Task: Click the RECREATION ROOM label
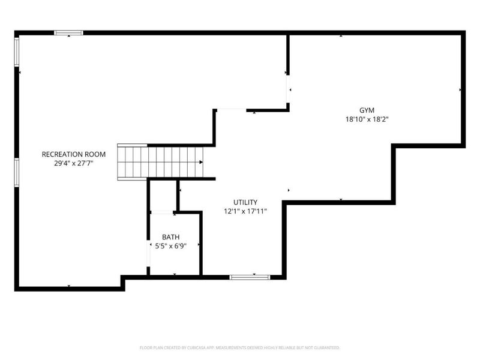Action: (x=73, y=154)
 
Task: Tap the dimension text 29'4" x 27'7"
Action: (x=73, y=163)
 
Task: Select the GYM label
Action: (x=367, y=110)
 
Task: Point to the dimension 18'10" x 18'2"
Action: (x=367, y=119)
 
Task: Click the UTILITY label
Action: (x=245, y=202)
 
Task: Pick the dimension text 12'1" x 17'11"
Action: (x=245, y=211)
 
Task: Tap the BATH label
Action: (x=171, y=237)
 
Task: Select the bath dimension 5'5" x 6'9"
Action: (x=171, y=246)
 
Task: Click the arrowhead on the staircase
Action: (x=201, y=162)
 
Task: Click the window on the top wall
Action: (x=68, y=33)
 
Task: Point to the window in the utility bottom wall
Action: (x=250, y=277)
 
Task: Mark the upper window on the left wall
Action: (x=17, y=52)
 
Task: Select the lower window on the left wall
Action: (x=17, y=172)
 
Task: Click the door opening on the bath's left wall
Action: (x=148, y=253)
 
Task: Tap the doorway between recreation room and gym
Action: (x=288, y=89)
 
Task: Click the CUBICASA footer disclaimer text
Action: (x=239, y=348)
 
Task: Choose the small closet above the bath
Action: (x=163, y=196)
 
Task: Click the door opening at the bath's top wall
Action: (x=162, y=212)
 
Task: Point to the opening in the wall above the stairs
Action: (x=232, y=110)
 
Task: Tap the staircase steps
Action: (x=160, y=162)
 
